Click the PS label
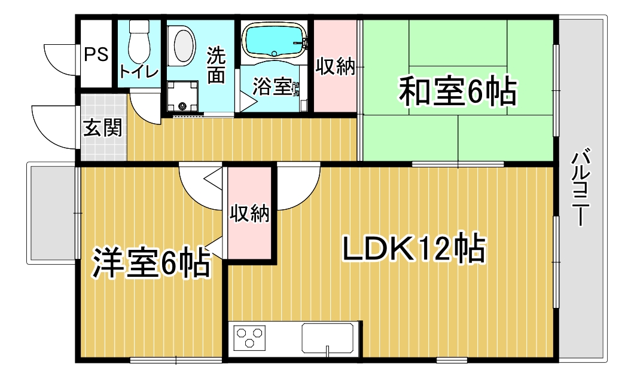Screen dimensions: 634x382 [96, 54]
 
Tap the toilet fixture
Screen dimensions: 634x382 [139, 41]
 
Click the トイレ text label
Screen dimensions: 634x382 [139, 72]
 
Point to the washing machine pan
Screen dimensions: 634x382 [182, 96]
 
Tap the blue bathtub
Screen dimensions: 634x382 [274, 41]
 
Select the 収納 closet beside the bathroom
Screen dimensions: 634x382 [335, 66]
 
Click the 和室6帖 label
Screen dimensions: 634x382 [458, 90]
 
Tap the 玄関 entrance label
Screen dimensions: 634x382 [103, 128]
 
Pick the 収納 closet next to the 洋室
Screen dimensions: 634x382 [249, 213]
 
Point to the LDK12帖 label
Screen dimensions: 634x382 [413, 247]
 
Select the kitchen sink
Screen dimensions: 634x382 [328, 338]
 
